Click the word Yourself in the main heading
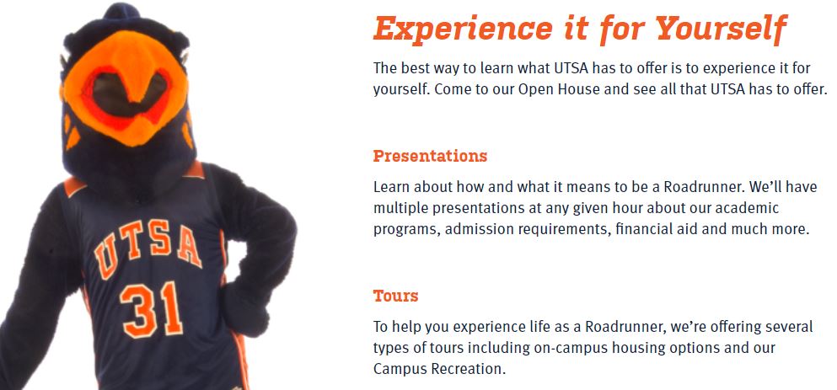pos(722,29)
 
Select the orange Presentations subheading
pos(430,157)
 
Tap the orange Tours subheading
pos(395,296)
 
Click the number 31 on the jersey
pos(152,309)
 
